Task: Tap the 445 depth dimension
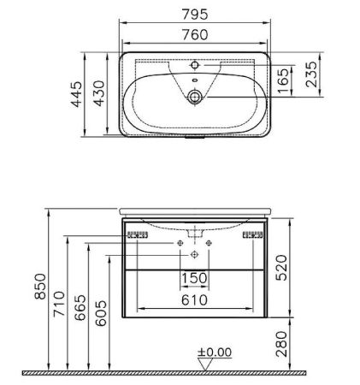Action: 75,94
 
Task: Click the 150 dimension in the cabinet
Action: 196,278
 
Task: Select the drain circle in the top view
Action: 196,98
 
